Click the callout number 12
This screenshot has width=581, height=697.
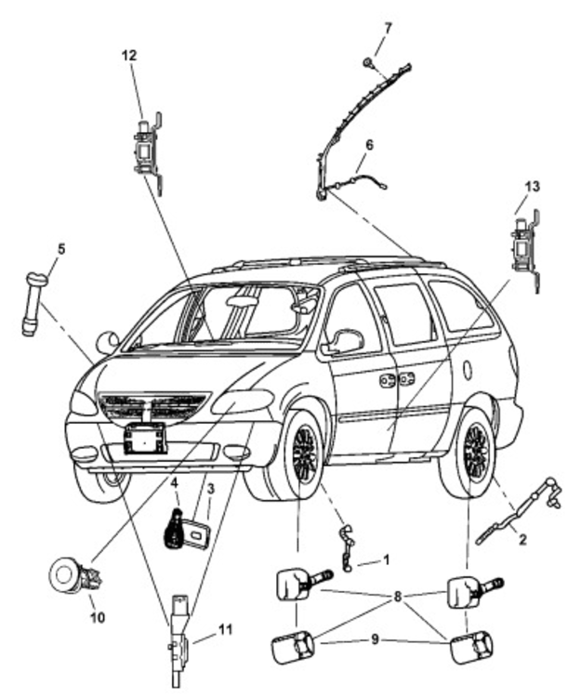[128, 56]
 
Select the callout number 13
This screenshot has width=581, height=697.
[531, 187]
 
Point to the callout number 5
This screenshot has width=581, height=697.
[61, 248]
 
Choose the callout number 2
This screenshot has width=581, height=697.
[522, 540]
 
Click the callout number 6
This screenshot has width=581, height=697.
[369, 145]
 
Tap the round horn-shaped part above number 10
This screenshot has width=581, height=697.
[67, 573]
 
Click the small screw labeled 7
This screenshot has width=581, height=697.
[368, 62]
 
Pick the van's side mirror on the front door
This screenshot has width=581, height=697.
[343, 341]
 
